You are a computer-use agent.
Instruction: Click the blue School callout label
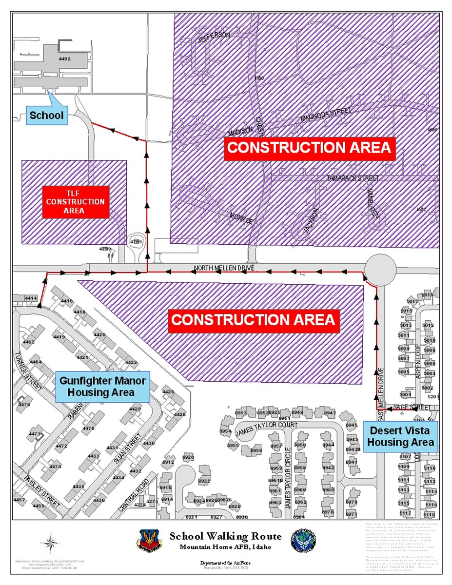click(x=46, y=116)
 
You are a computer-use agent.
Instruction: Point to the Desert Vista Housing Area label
click(x=400, y=436)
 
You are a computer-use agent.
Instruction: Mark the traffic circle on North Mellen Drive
click(x=380, y=267)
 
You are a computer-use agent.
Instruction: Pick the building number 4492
click(x=64, y=59)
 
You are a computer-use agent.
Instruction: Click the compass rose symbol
click(x=50, y=542)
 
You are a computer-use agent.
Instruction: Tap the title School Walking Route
click(x=225, y=536)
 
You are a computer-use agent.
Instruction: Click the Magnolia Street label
click(x=326, y=115)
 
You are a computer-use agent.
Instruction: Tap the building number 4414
click(x=31, y=298)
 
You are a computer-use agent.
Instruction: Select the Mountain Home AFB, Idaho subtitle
click(x=225, y=547)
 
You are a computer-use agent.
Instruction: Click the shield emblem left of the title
click(x=149, y=541)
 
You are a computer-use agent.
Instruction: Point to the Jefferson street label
click(x=214, y=39)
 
